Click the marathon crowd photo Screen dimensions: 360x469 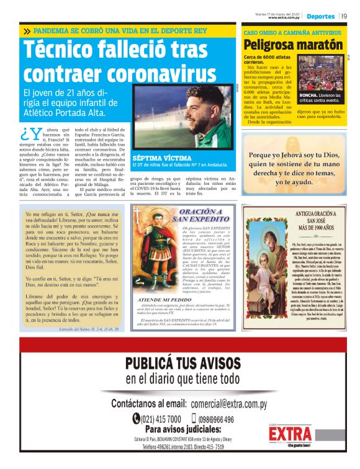pos(323,73)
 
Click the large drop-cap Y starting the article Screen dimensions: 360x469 pos(30,133)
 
